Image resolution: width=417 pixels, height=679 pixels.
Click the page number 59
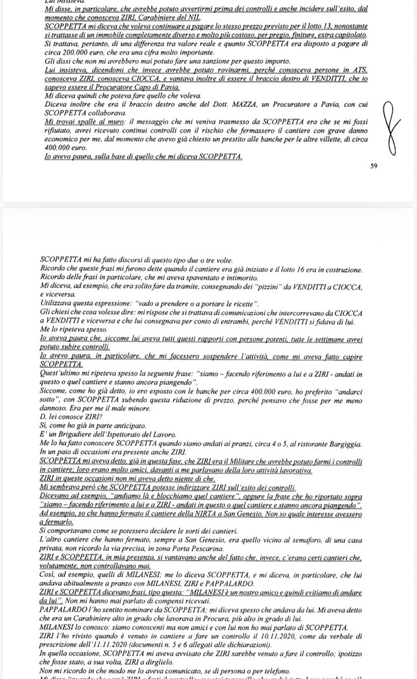click(374, 166)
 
